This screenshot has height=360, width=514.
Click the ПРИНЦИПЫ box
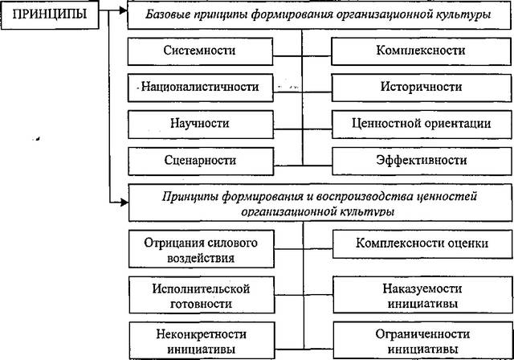click(x=50, y=14)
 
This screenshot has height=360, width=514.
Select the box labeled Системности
click(x=200, y=51)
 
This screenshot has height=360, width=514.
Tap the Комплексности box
click(x=421, y=51)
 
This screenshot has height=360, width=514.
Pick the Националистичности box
click(x=200, y=88)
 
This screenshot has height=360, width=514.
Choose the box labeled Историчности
click(x=421, y=88)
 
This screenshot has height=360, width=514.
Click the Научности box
click(x=201, y=125)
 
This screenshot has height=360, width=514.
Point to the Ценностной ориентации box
click(x=422, y=125)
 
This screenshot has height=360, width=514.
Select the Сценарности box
click(x=201, y=162)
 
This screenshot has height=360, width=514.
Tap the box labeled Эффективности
click(x=422, y=162)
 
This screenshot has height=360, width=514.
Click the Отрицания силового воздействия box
click(x=202, y=249)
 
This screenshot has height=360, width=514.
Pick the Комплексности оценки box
click(x=422, y=244)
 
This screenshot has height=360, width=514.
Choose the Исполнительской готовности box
click(x=202, y=295)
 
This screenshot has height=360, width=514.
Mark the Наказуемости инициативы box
click(x=422, y=295)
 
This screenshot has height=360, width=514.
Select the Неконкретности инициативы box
click(x=202, y=341)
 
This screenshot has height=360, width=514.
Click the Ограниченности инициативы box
click(x=423, y=341)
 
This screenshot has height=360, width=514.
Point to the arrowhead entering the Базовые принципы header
click(x=124, y=10)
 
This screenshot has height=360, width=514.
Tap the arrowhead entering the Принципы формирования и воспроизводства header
click(x=124, y=202)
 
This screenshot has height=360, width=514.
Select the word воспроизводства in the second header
click(x=364, y=196)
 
